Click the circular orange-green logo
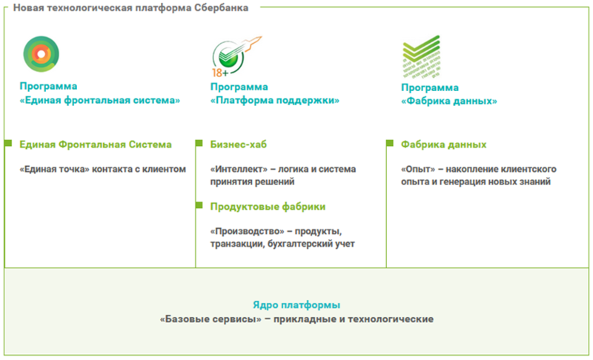coord(41,53)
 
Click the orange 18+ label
coord(219,73)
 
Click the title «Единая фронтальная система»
coord(101,100)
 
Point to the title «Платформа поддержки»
coord(275,100)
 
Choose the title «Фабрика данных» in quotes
coord(449,101)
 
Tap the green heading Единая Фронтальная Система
coord(96,144)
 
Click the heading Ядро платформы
coord(296,304)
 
